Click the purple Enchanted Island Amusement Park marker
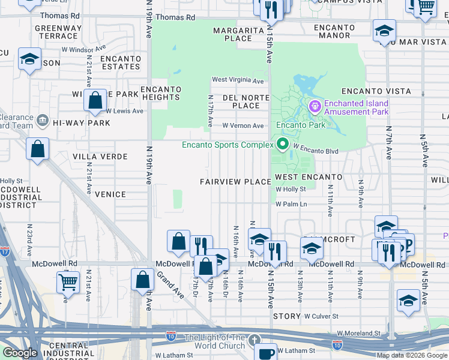(316, 107)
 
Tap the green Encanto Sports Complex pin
(282, 145)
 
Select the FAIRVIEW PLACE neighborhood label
(235, 182)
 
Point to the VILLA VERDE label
(100, 157)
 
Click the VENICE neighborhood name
(110, 194)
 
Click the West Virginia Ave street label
(238, 80)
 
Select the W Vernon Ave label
(243, 126)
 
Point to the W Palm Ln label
(291, 204)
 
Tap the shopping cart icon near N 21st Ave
(68, 281)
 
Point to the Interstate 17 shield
(4, 251)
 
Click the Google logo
(20, 353)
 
